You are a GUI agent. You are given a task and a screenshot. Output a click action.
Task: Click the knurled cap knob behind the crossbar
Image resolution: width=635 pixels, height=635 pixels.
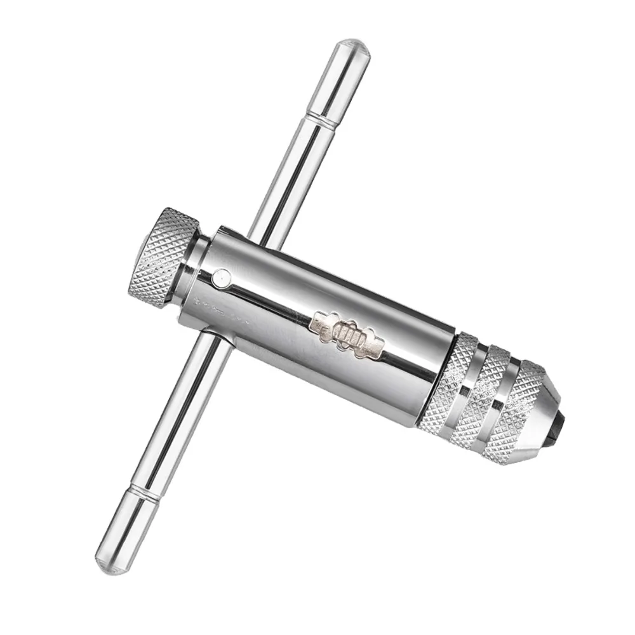click(162, 257)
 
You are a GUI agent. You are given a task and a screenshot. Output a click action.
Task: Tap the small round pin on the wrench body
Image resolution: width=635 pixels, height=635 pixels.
click(222, 276)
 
